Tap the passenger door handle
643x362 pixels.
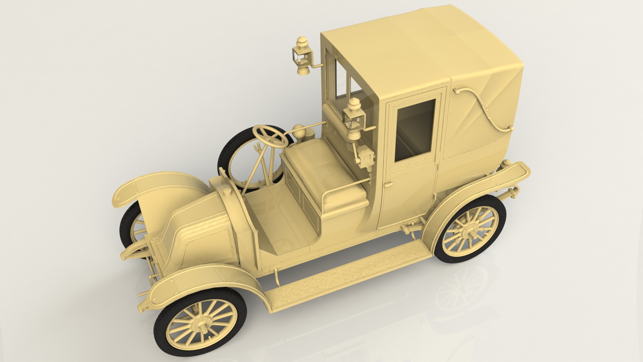[x=388, y=184]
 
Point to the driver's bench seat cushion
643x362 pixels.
[x=321, y=168]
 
